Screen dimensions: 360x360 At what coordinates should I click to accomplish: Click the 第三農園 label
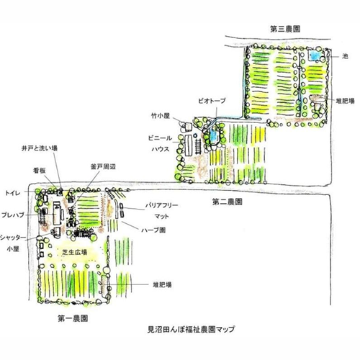coord(285,30)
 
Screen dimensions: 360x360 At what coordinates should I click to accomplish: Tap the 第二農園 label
coord(227,202)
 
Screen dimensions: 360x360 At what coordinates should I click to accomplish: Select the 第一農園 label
coord(73,318)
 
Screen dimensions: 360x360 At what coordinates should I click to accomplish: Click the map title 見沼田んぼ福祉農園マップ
coord(191,329)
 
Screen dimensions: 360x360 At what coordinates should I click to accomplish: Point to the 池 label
coord(345,56)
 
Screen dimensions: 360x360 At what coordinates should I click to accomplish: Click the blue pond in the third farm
coord(315,56)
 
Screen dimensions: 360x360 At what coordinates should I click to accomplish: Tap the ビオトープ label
coord(212,101)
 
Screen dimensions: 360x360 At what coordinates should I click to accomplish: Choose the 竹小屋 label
coord(161,116)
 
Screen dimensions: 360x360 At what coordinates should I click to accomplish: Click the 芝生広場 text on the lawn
coord(75,252)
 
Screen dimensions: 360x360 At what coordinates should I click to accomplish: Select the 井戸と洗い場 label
coord(40,148)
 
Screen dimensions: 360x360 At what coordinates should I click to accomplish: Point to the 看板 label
coord(40,171)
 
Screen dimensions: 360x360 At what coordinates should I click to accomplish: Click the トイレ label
coord(13,193)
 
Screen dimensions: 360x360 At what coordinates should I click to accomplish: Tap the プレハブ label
coord(13,215)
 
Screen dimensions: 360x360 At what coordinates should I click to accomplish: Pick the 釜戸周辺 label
coord(103,167)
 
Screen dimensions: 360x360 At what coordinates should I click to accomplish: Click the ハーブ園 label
coord(153,230)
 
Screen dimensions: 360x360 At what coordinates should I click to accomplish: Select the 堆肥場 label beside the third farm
coord(345,101)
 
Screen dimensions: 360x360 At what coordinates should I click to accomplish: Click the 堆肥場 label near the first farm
coord(162,285)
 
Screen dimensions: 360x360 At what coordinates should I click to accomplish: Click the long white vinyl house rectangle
coord(189,145)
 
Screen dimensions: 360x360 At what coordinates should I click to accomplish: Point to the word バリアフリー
coord(162,205)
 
